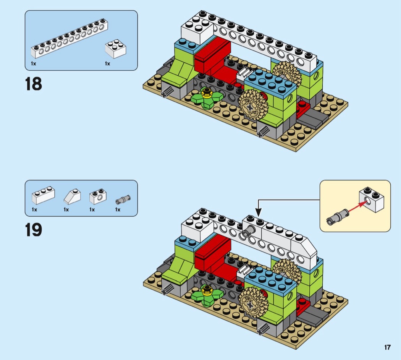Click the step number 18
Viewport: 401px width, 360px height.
pyautogui.click(x=34, y=84)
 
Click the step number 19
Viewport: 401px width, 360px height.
pyautogui.click(x=34, y=230)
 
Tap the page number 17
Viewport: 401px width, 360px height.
pyautogui.click(x=387, y=347)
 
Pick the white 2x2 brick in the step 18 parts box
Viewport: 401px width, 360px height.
pyautogui.click(x=116, y=49)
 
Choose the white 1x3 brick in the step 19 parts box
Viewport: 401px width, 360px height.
pyautogui.click(x=43, y=195)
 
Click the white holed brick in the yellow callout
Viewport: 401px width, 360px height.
pyautogui.click(x=372, y=199)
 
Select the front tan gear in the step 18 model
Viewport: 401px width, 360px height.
pyautogui.click(x=253, y=106)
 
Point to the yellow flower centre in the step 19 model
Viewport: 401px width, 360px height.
pyautogui.click(x=207, y=290)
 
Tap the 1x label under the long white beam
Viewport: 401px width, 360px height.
pyautogui.click(x=34, y=63)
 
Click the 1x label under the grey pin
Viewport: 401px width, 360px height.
pyautogui.click(x=118, y=209)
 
